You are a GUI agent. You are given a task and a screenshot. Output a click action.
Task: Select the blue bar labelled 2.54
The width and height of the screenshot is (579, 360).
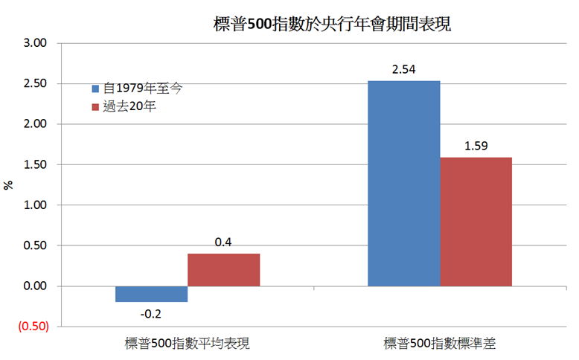click(403, 183)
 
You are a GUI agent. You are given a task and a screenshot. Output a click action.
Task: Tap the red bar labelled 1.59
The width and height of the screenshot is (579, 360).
click(476, 222)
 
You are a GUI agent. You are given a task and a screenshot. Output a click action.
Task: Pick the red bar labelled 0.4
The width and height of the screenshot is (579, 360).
click(223, 269)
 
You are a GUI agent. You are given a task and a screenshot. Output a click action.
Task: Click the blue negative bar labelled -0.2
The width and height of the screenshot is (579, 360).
click(151, 294)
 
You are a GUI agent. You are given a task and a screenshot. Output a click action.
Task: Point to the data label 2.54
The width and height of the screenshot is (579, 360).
click(403, 70)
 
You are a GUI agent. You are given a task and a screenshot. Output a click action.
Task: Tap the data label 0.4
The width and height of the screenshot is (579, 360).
click(223, 242)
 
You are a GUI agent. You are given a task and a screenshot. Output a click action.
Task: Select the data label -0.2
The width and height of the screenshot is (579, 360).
click(151, 312)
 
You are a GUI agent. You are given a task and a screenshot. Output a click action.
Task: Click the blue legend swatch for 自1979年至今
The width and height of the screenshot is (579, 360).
click(95, 88)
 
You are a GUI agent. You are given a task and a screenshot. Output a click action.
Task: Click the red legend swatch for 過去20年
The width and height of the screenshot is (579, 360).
click(95, 107)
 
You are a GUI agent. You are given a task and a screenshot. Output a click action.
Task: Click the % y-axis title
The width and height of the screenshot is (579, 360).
click(9, 184)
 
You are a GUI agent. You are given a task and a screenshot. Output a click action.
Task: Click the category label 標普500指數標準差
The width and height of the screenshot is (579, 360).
click(439, 344)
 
